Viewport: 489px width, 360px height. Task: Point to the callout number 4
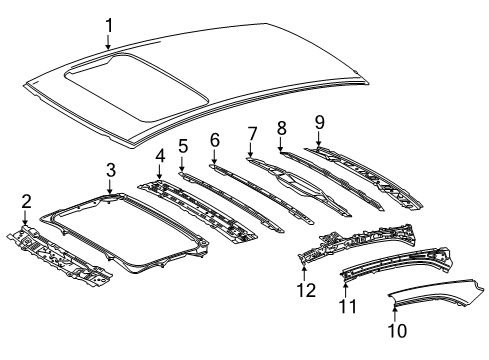coord(159,156)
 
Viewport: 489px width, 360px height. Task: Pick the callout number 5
coord(183,146)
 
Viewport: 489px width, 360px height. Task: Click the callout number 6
coord(214,139)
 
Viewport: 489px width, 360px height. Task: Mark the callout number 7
coord(251,132)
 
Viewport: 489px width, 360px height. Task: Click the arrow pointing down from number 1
coord(108,43)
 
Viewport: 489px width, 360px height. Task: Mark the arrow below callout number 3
coord(111,185)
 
